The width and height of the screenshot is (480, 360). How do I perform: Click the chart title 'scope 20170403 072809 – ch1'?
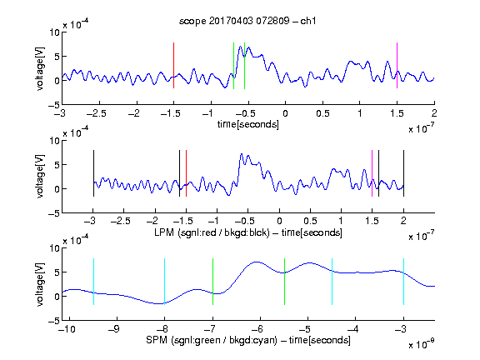[x=247, y=21]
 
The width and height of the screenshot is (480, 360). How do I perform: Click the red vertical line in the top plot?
[x=173, y=66]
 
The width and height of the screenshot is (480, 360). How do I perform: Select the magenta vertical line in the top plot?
[x=397, y=66]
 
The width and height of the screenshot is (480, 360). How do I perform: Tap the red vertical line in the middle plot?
[x=186, y=173]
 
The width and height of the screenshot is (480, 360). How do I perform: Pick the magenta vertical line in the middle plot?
[x=372, y=173]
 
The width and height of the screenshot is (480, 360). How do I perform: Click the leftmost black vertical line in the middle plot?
[x=93, y=173]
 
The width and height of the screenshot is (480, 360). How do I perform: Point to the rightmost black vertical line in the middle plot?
[x=403, y=173]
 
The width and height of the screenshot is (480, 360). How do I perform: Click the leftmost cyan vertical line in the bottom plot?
[x=93, y=282]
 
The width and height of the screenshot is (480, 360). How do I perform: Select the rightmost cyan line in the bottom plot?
[x=403, y=282]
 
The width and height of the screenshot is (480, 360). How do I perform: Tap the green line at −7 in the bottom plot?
[x=212, y=282]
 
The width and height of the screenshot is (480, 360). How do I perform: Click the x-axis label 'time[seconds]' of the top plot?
[x=248, y=125]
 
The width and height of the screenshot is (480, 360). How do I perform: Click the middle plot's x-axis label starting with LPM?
[x=248, y=232]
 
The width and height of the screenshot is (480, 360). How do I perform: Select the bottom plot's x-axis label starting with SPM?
[x=248, y=340]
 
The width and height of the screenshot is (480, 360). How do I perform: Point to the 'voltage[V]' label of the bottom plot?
[x=40, y=284]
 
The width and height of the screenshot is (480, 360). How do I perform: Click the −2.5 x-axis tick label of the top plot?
[x=97, y=113]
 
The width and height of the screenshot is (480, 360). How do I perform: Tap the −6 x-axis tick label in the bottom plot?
[x=257, y=329]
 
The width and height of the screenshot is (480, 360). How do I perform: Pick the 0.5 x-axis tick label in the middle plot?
[x=310, y=221]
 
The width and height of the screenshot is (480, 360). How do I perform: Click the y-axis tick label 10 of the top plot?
[x=54, y=32]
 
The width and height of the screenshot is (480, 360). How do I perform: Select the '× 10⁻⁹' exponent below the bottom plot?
[x=422, y=344]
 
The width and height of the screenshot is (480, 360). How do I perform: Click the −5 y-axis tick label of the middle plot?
[x=54, y=213]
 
